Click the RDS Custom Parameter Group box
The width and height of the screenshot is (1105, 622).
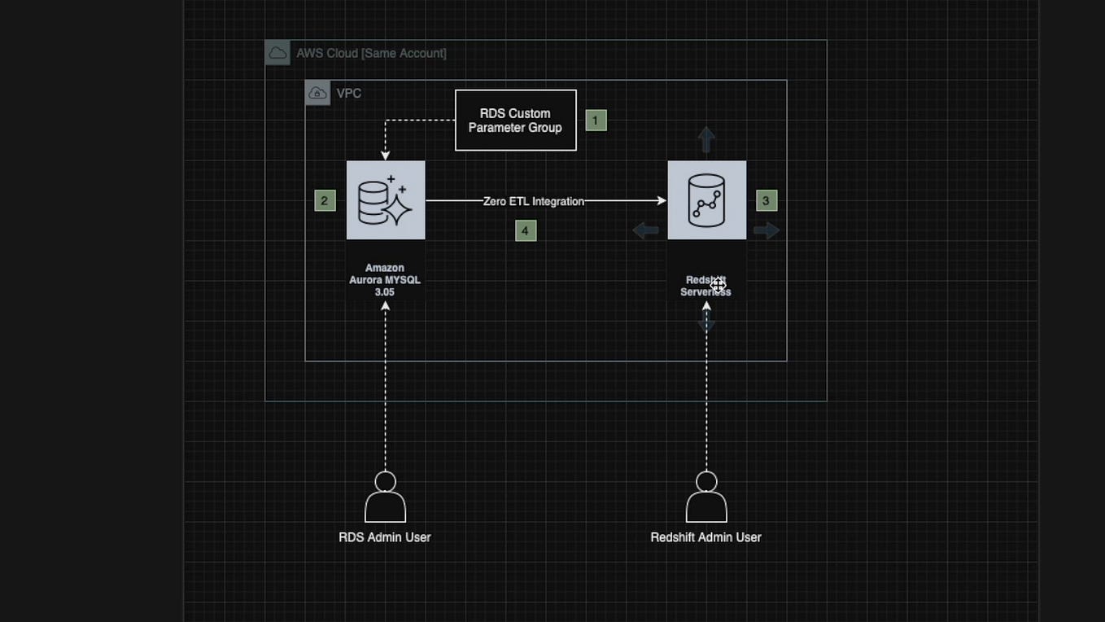click(x=515, y=120)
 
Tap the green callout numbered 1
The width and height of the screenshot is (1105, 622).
click(x=596, y=120)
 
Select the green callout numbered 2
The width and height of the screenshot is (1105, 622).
click(x=325, y=201)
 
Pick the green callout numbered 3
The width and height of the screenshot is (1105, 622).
click(x=766, y=200)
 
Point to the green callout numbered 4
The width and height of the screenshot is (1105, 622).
click(x=526, y=231)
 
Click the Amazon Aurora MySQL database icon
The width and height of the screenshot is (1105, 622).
click(x=386, y=200)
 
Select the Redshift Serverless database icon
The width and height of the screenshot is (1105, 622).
click(x=706, y=200)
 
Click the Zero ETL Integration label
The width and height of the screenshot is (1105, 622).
click(x=534, y=201)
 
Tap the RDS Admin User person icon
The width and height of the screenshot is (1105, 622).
click(x=385, y=497)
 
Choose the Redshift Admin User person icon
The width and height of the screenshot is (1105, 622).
click(x=706, y=497)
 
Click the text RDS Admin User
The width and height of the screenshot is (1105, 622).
click(x=385, y=537)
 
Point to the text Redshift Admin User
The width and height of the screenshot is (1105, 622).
click(x=706, y=537)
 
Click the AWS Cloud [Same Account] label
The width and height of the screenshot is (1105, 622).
click(x=371, y=53)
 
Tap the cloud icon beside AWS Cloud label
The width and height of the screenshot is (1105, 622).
click(x=277, y=53)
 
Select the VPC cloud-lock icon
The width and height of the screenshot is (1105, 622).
click(x=317, y=93)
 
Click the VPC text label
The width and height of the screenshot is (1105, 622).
click(x=349, y=94)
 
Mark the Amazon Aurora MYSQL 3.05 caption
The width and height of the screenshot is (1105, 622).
click(x=385, y=280)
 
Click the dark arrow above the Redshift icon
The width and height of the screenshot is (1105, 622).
click(x=706, y=139)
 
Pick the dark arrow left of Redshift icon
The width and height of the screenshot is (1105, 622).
click(x=646, y=231)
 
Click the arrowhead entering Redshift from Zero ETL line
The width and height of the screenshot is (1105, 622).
click(x=662, y=200)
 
